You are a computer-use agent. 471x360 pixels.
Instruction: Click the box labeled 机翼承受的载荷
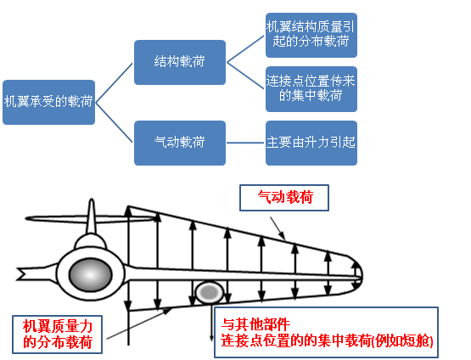48,102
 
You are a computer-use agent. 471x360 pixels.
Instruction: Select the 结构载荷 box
180,62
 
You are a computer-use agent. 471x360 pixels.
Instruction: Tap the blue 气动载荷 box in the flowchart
180,143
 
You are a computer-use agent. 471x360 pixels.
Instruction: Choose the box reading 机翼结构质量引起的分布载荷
311,35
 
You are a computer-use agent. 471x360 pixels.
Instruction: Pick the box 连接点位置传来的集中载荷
311,89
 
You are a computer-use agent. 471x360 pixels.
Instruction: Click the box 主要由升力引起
311,143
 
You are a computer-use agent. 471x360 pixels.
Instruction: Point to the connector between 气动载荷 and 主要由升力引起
245,143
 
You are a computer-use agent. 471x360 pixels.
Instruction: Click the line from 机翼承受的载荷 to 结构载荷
115,82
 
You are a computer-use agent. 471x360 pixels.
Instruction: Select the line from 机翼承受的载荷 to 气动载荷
115,122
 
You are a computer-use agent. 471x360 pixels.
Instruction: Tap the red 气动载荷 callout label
284,198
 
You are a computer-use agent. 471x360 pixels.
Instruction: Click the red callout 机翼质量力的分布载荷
58,335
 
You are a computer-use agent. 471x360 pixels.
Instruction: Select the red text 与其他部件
255,324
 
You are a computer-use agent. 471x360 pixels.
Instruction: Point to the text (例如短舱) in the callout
402,341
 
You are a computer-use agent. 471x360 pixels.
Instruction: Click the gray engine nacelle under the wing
210,292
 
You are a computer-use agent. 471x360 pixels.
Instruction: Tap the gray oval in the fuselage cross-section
91,274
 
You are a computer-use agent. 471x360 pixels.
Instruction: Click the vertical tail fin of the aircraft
92,216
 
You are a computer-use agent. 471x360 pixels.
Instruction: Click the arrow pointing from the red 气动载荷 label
278,228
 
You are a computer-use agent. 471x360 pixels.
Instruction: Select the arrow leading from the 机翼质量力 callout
139,323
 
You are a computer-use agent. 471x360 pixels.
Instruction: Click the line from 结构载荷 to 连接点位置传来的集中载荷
246,76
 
